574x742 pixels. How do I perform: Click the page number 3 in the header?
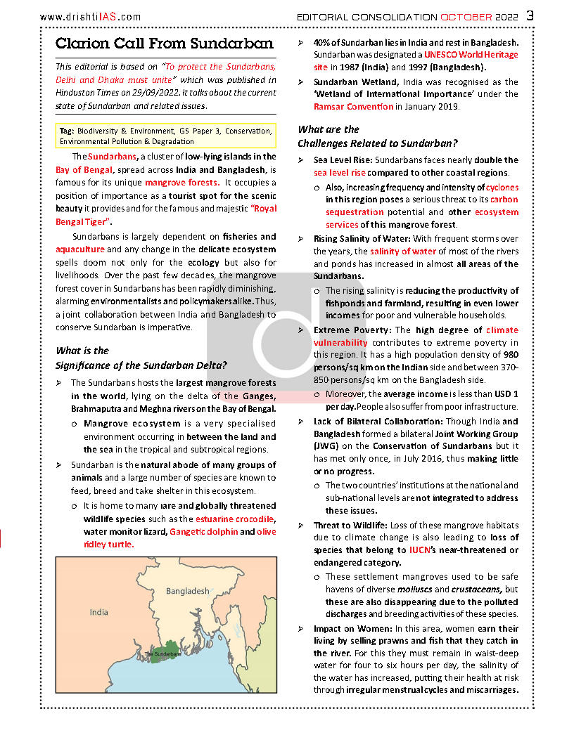click(529, 15)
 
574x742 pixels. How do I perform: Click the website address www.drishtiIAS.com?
click(90, 17)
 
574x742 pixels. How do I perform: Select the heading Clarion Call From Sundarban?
click(165, 44)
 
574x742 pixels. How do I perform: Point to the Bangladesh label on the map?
click(187, 591)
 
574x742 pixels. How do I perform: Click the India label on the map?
click(98, 612)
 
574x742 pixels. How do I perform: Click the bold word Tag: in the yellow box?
click(67, 131)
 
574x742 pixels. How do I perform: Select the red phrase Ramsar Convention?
click(354, 107)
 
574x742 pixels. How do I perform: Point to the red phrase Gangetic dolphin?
click(203, 532)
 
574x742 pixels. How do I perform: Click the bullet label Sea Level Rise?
click(345, 160)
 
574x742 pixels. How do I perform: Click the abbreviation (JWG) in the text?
click(326, 446)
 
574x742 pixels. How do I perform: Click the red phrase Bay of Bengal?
click(81, 170)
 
